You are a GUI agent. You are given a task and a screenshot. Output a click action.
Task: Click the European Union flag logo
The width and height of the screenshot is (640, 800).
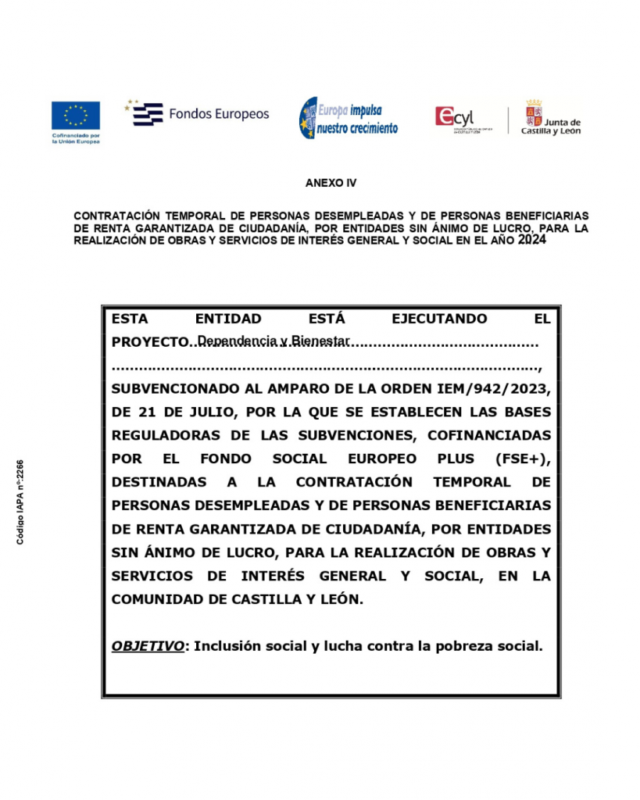pos(76,115)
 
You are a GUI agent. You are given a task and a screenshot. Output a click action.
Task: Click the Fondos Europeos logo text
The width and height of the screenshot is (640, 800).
pos(218,114)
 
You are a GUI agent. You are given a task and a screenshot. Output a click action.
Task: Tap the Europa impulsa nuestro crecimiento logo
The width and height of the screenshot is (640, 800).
pos(349,119)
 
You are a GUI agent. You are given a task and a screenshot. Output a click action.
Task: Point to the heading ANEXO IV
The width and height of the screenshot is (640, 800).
pos(331,183)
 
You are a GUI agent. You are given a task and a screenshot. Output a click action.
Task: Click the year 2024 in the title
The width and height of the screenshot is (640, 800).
pos(531,241)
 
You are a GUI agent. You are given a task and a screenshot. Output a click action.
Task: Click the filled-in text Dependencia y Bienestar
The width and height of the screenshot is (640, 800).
pos(273,341)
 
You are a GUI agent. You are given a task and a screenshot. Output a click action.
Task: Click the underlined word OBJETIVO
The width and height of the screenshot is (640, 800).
pos(148,646)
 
